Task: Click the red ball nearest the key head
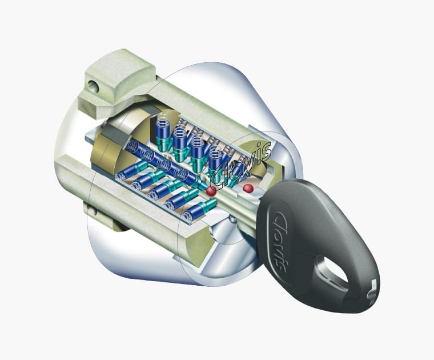coord(248,189)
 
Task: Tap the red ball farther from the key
coord(211,190)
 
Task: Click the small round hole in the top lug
coord(94,86)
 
